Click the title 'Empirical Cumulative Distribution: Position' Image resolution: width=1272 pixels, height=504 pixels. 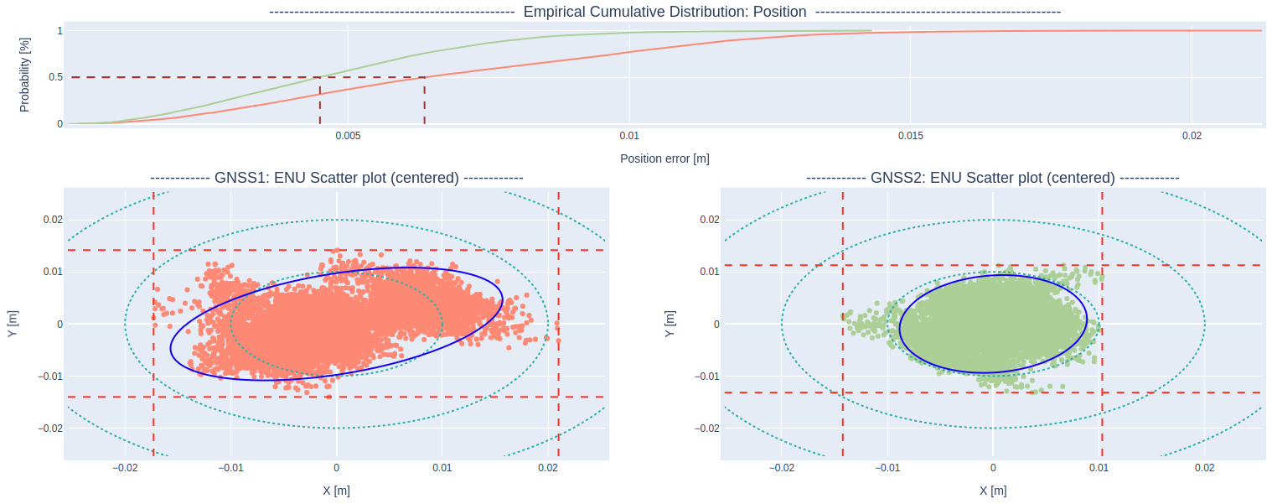664,12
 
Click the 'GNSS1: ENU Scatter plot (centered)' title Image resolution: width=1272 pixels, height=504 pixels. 337,178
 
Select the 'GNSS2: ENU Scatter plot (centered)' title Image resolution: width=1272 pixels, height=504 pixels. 993,178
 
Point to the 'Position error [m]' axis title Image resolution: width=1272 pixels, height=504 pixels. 664,158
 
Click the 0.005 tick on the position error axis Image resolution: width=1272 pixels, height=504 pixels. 348,136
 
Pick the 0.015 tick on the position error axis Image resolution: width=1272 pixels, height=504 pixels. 911,136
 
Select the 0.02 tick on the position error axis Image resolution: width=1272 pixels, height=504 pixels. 1192,136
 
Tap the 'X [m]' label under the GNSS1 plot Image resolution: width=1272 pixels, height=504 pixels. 336,491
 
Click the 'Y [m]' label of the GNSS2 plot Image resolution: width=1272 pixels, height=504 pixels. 670,324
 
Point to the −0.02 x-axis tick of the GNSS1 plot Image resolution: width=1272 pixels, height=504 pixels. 124,468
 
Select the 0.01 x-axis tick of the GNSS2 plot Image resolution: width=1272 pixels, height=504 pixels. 1099,468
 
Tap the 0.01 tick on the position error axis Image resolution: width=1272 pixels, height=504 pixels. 629,136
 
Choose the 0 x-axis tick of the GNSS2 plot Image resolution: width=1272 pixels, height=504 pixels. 993,468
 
